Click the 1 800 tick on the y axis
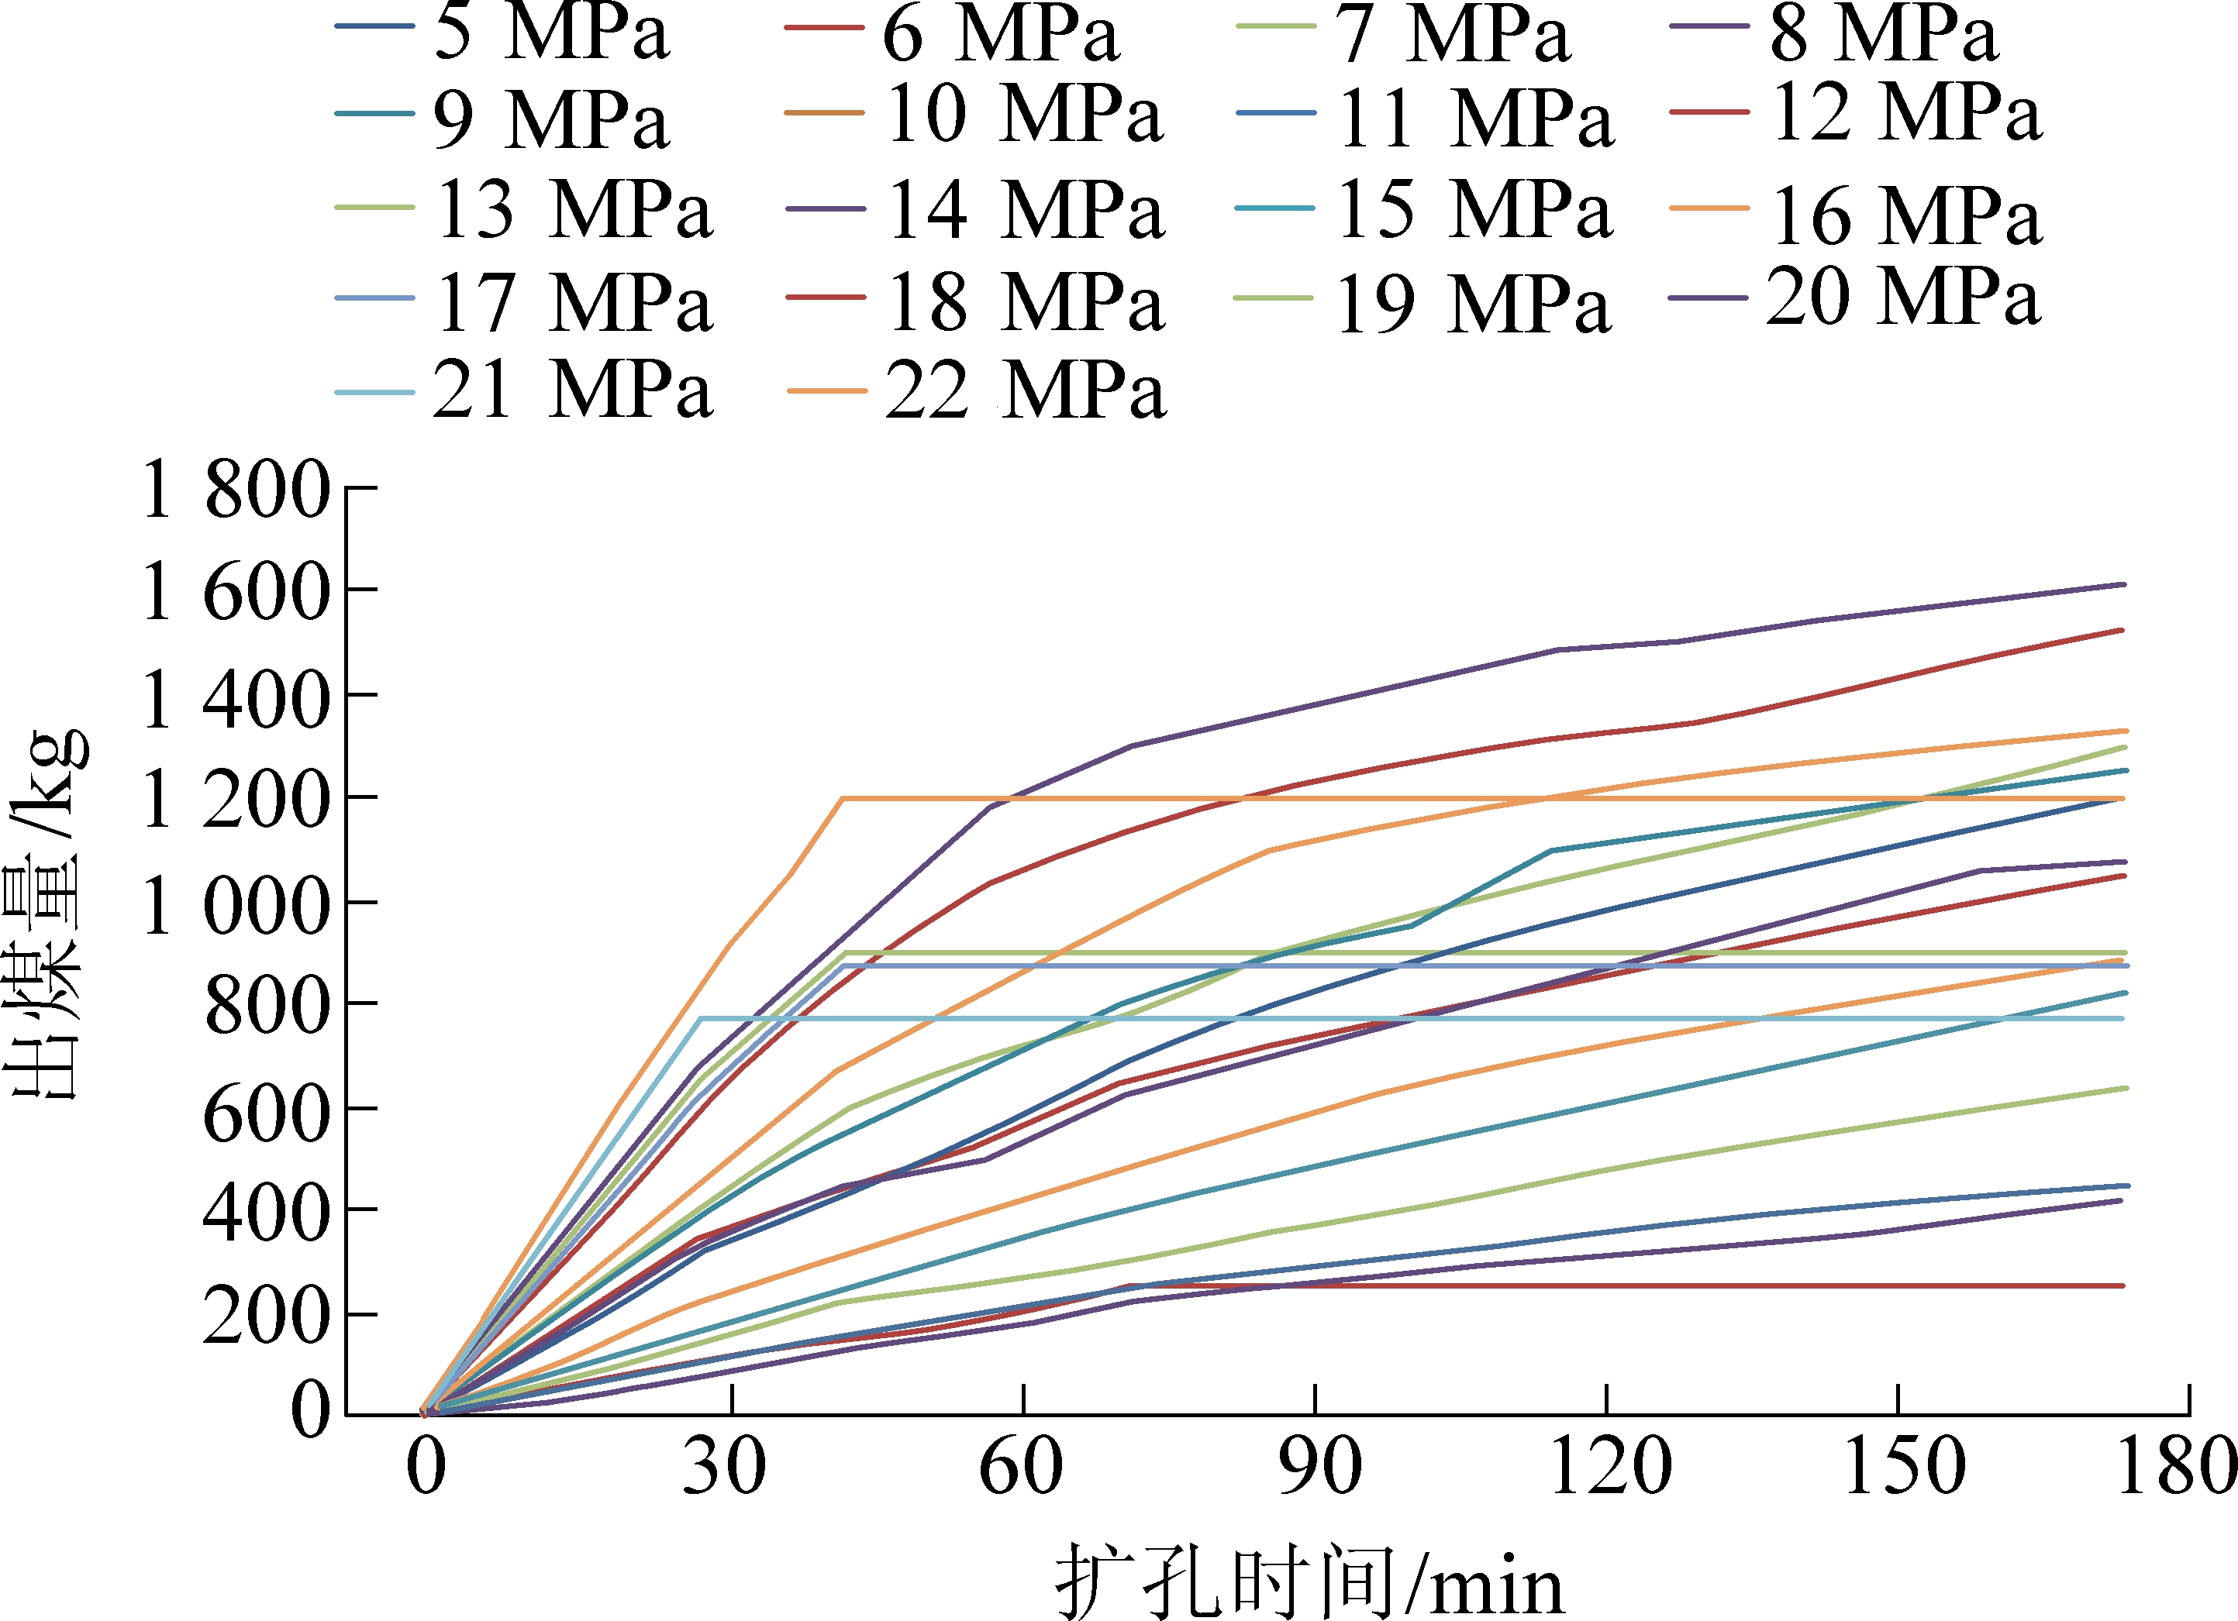click(235, 490)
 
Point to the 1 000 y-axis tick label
click(235, 906)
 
